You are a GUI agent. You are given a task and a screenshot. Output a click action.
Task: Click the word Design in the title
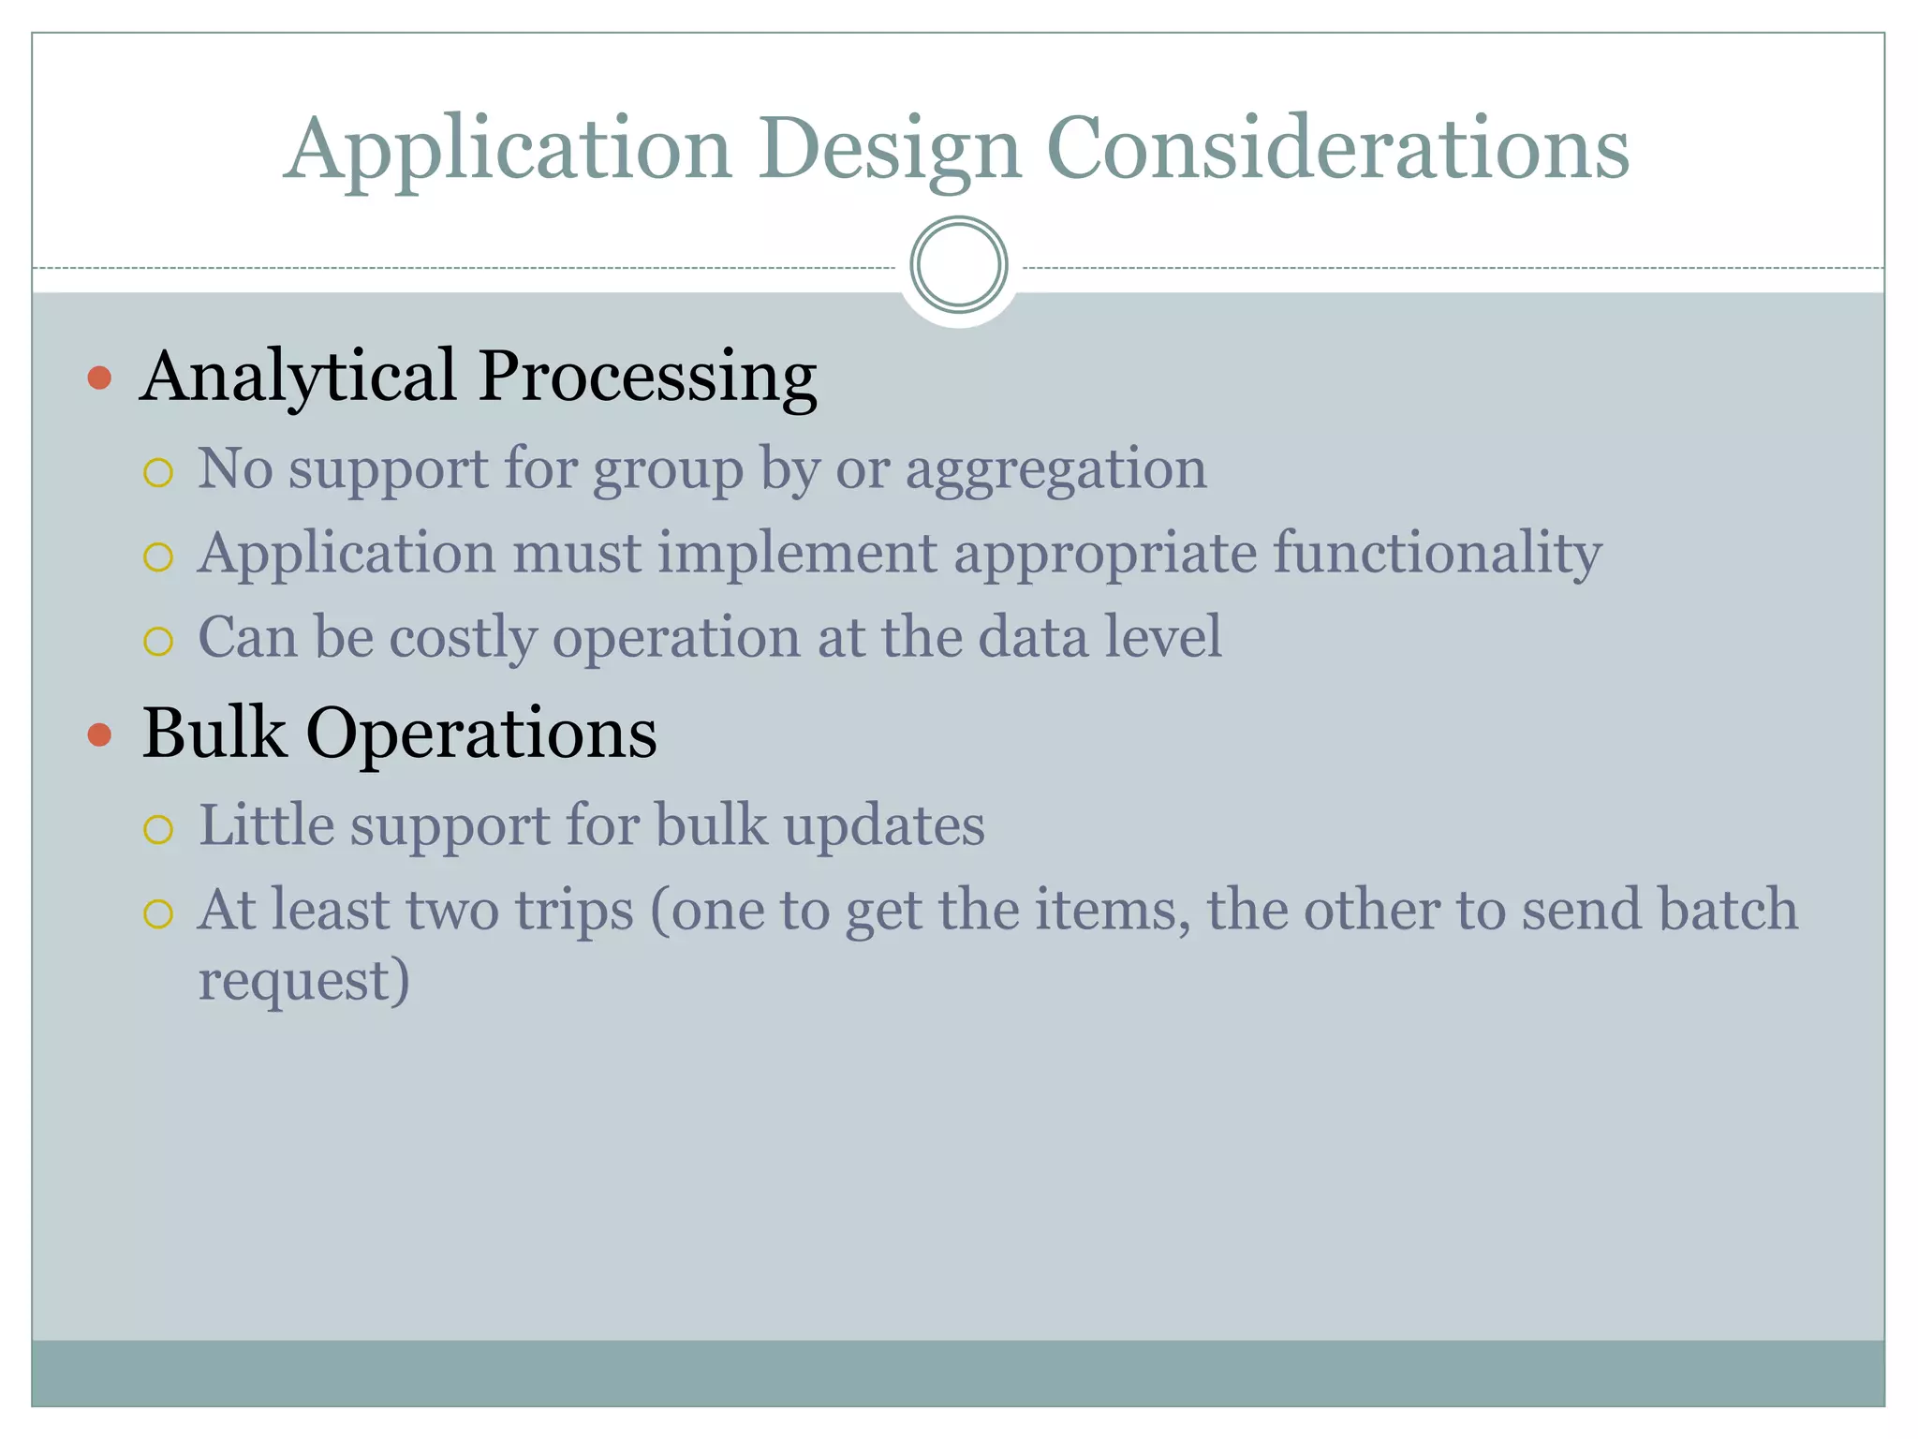pyautogui.click(x=889, y=150)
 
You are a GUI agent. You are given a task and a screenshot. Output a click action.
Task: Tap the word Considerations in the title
pyautogui.click(x=1337, y=150)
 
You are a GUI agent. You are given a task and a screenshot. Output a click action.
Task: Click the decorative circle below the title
pyautogui.click(x=958, y=265)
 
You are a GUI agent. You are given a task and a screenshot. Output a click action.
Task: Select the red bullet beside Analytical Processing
pyautogui.click(x=99, y=378)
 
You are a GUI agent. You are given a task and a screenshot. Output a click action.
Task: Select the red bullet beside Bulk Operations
pyautogui.click(x=99, y=734)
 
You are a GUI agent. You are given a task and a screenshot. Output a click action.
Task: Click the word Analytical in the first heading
pyautogui.click(x=298, y=377)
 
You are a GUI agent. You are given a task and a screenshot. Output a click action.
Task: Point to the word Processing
pyautogui.click(x=647, y=377)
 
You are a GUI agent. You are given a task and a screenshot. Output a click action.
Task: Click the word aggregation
pyautogui.click(x=1055, y=468)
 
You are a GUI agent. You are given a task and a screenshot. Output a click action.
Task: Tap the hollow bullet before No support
pyautogui.click(x=158, y=473)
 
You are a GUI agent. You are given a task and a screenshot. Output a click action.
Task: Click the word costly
pyautogui.click(x=463, y=637)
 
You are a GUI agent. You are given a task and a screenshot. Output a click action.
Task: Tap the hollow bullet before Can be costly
pyautogui.click(x=158, y=642)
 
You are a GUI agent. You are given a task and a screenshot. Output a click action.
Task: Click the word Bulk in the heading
pyautogui.click(x=214, y=733)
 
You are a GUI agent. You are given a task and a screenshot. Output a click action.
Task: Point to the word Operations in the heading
pyautogui.click(x=481, y=734)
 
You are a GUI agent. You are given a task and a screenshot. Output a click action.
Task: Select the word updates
pyautogui.click(x=884, y=825)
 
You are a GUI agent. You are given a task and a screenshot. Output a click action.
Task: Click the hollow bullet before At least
pyautogui.click(x=158, y=913)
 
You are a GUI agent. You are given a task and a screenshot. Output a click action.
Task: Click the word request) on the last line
pyautogui.click(x=304, y=980)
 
